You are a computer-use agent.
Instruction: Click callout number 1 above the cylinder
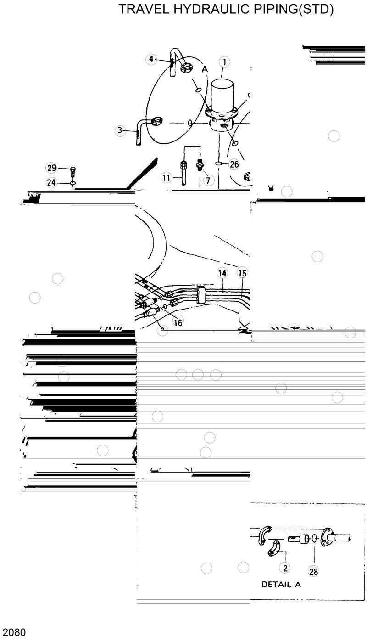(224, 62)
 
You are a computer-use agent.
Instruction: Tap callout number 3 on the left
(120, 130)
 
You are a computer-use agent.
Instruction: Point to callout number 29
(51, 168)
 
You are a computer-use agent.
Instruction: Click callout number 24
(51, 183)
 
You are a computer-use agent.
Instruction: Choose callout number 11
(166, 177)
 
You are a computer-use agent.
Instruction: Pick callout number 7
(209, 180)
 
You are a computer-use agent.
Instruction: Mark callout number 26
(234, 164)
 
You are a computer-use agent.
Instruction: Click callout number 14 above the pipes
(222, 273)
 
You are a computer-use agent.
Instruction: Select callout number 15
(242, 273)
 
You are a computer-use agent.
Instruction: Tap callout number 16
(178, 322)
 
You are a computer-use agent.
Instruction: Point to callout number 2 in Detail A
(285, 568)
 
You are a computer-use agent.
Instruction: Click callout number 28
(314, 572)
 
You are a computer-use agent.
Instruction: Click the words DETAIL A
(281, 585)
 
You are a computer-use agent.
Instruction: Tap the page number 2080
(13, 632)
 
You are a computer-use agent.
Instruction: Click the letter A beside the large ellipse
(205, 69)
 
